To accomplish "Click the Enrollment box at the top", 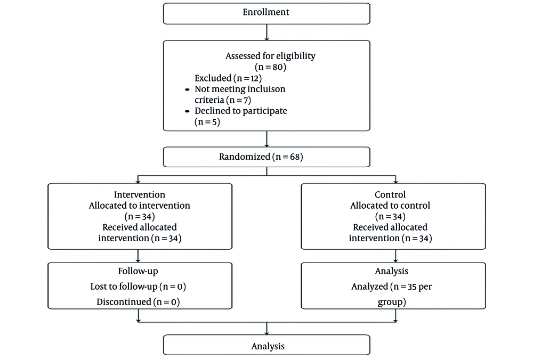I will pyautogui.click(x=266, y=13).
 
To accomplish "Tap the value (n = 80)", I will pyautogui.click(x=266, y=67).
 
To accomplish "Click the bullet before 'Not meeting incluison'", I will pyautogui.click(x=187, y=89).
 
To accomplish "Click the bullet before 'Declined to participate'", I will pyautogui.click(x=187, y=111).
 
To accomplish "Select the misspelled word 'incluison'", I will pyautogui.click(x=267, y=89).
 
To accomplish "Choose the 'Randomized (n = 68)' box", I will pyautogui.click(x=266, y=157).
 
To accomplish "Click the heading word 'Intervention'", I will pyautogui.click(x=140, y=194).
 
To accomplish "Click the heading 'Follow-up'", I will pyautogui.click(x=140, y=271).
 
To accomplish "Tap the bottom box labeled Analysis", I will pyautogui.click(x=266, y=346).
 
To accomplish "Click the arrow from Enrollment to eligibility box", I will pyautogui.click(x=266, y=32).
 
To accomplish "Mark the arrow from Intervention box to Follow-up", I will pyautogui.click(x=139, y=255).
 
